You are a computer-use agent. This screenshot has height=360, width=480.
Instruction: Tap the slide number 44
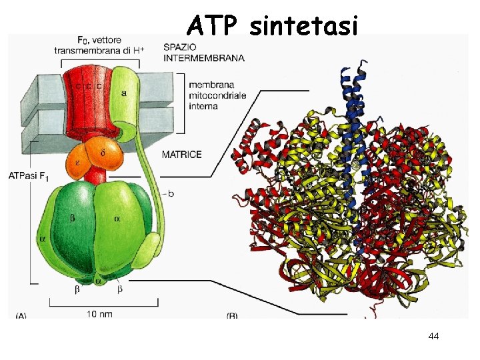(433, 337)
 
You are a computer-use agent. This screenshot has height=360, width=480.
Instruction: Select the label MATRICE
(181, 155)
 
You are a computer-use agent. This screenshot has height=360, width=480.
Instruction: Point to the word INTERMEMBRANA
(204, 58)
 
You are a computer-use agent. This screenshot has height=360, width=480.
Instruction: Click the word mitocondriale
(217, 95)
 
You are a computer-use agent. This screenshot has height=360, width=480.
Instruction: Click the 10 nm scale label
(99, 313)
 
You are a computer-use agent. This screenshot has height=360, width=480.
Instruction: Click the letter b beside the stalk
(171, 194)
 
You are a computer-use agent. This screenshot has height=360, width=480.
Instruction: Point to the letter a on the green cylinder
(124, 93)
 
